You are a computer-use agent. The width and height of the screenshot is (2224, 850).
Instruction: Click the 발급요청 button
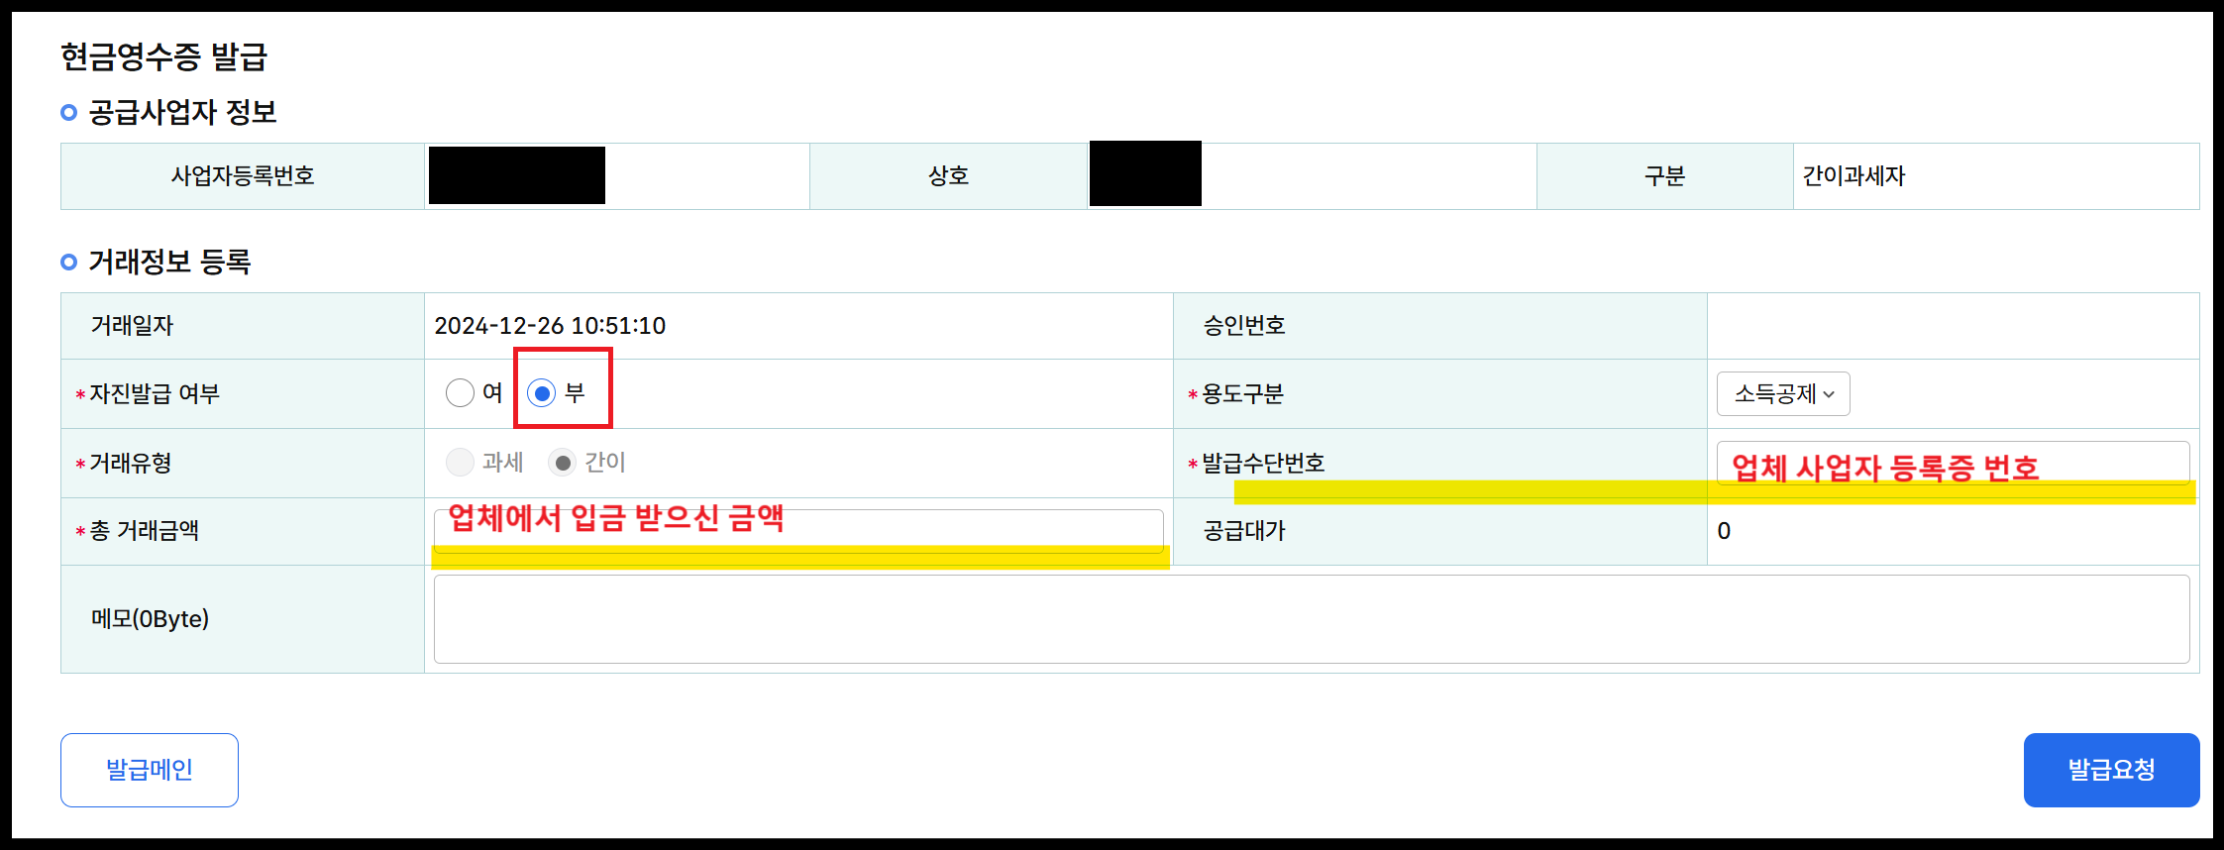(x=2110, y=770)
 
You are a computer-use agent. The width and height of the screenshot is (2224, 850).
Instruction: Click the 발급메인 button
(x=149, y=770)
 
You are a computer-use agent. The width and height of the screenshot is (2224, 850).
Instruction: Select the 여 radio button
(x=460, y=393)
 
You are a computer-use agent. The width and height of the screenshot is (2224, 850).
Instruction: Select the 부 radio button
(x=541, y=393)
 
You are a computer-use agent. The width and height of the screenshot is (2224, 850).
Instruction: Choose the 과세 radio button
(x=460, y=462)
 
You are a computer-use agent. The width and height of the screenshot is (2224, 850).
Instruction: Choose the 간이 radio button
(x=563, y=463)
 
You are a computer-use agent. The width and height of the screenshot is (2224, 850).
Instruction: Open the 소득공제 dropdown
(x=1782, y=394)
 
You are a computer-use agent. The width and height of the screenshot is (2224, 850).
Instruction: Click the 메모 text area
(x=1311, y=619)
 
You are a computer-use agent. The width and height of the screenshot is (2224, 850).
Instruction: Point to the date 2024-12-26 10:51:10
(x=550, y=326)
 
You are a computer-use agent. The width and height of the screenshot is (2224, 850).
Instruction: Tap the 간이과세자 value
(x=1853, y=176)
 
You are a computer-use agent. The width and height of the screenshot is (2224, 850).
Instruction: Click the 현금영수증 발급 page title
(x=163, y=56)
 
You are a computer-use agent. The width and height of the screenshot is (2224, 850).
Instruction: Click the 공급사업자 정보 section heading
(x=182, y=112)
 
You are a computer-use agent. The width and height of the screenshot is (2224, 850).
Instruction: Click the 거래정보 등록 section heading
(x=169, y=263)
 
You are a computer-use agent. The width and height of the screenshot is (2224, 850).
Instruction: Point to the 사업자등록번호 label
(x=243, y=176)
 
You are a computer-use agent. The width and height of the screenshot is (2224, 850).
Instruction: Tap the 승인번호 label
(x=1244, y=326)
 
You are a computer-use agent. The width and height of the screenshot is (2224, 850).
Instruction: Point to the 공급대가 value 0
(x=1724, y=531)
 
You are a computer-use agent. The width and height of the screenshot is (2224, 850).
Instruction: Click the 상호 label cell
(x=948, y=176)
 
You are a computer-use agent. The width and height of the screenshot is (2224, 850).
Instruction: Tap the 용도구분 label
(x=1242, y=394)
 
